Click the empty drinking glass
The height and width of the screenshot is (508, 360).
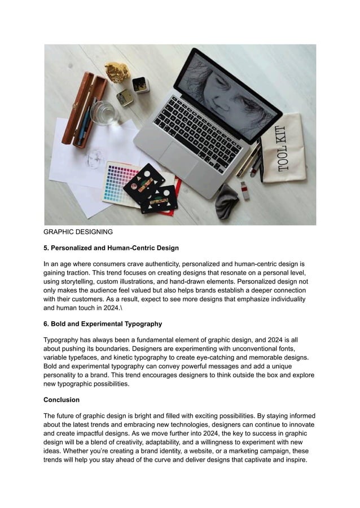pos(103,113)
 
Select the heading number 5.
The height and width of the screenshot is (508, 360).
pos(46,248)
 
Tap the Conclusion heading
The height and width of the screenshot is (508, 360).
pos(62,400)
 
